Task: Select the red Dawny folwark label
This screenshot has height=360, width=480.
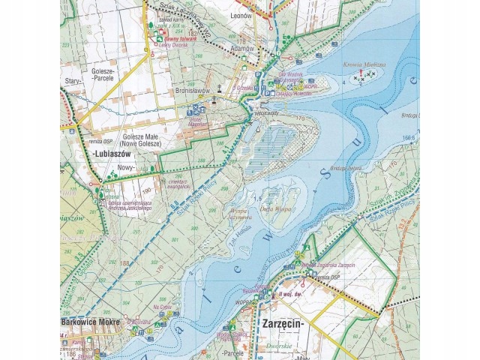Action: (x=178, y=38)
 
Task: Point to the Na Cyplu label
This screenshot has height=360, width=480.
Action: (x=163, y=307)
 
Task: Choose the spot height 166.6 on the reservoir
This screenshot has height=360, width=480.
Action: (x=408, y=138)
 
